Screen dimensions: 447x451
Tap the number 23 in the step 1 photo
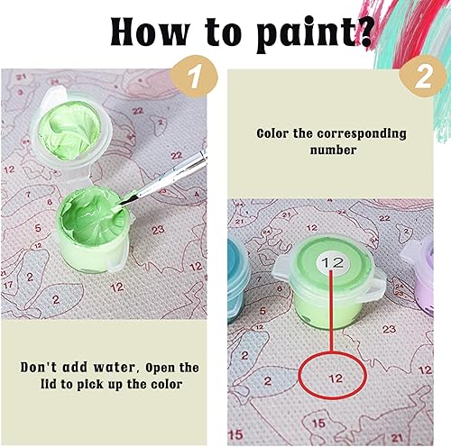[159, 229]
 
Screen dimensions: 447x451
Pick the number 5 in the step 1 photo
[37, 229]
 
